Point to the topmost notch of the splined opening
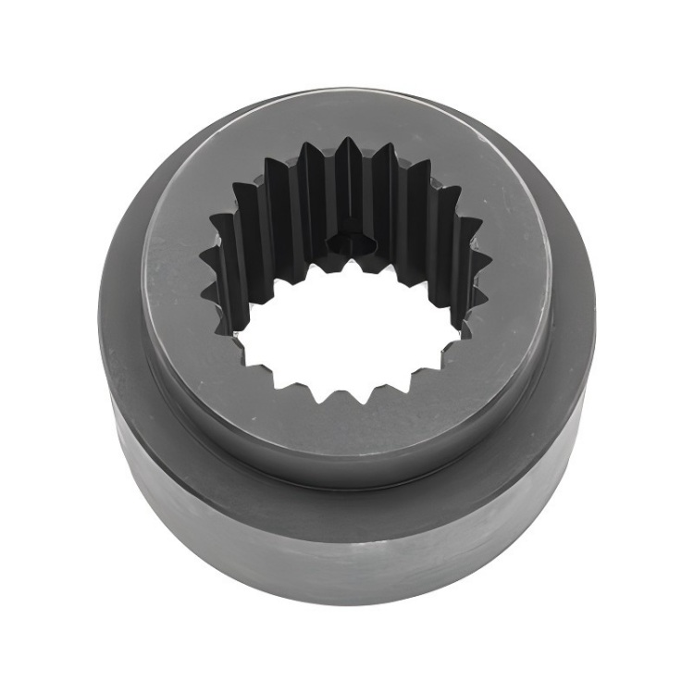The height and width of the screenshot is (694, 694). point(346,141)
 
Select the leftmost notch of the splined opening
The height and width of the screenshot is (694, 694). point(203,252)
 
